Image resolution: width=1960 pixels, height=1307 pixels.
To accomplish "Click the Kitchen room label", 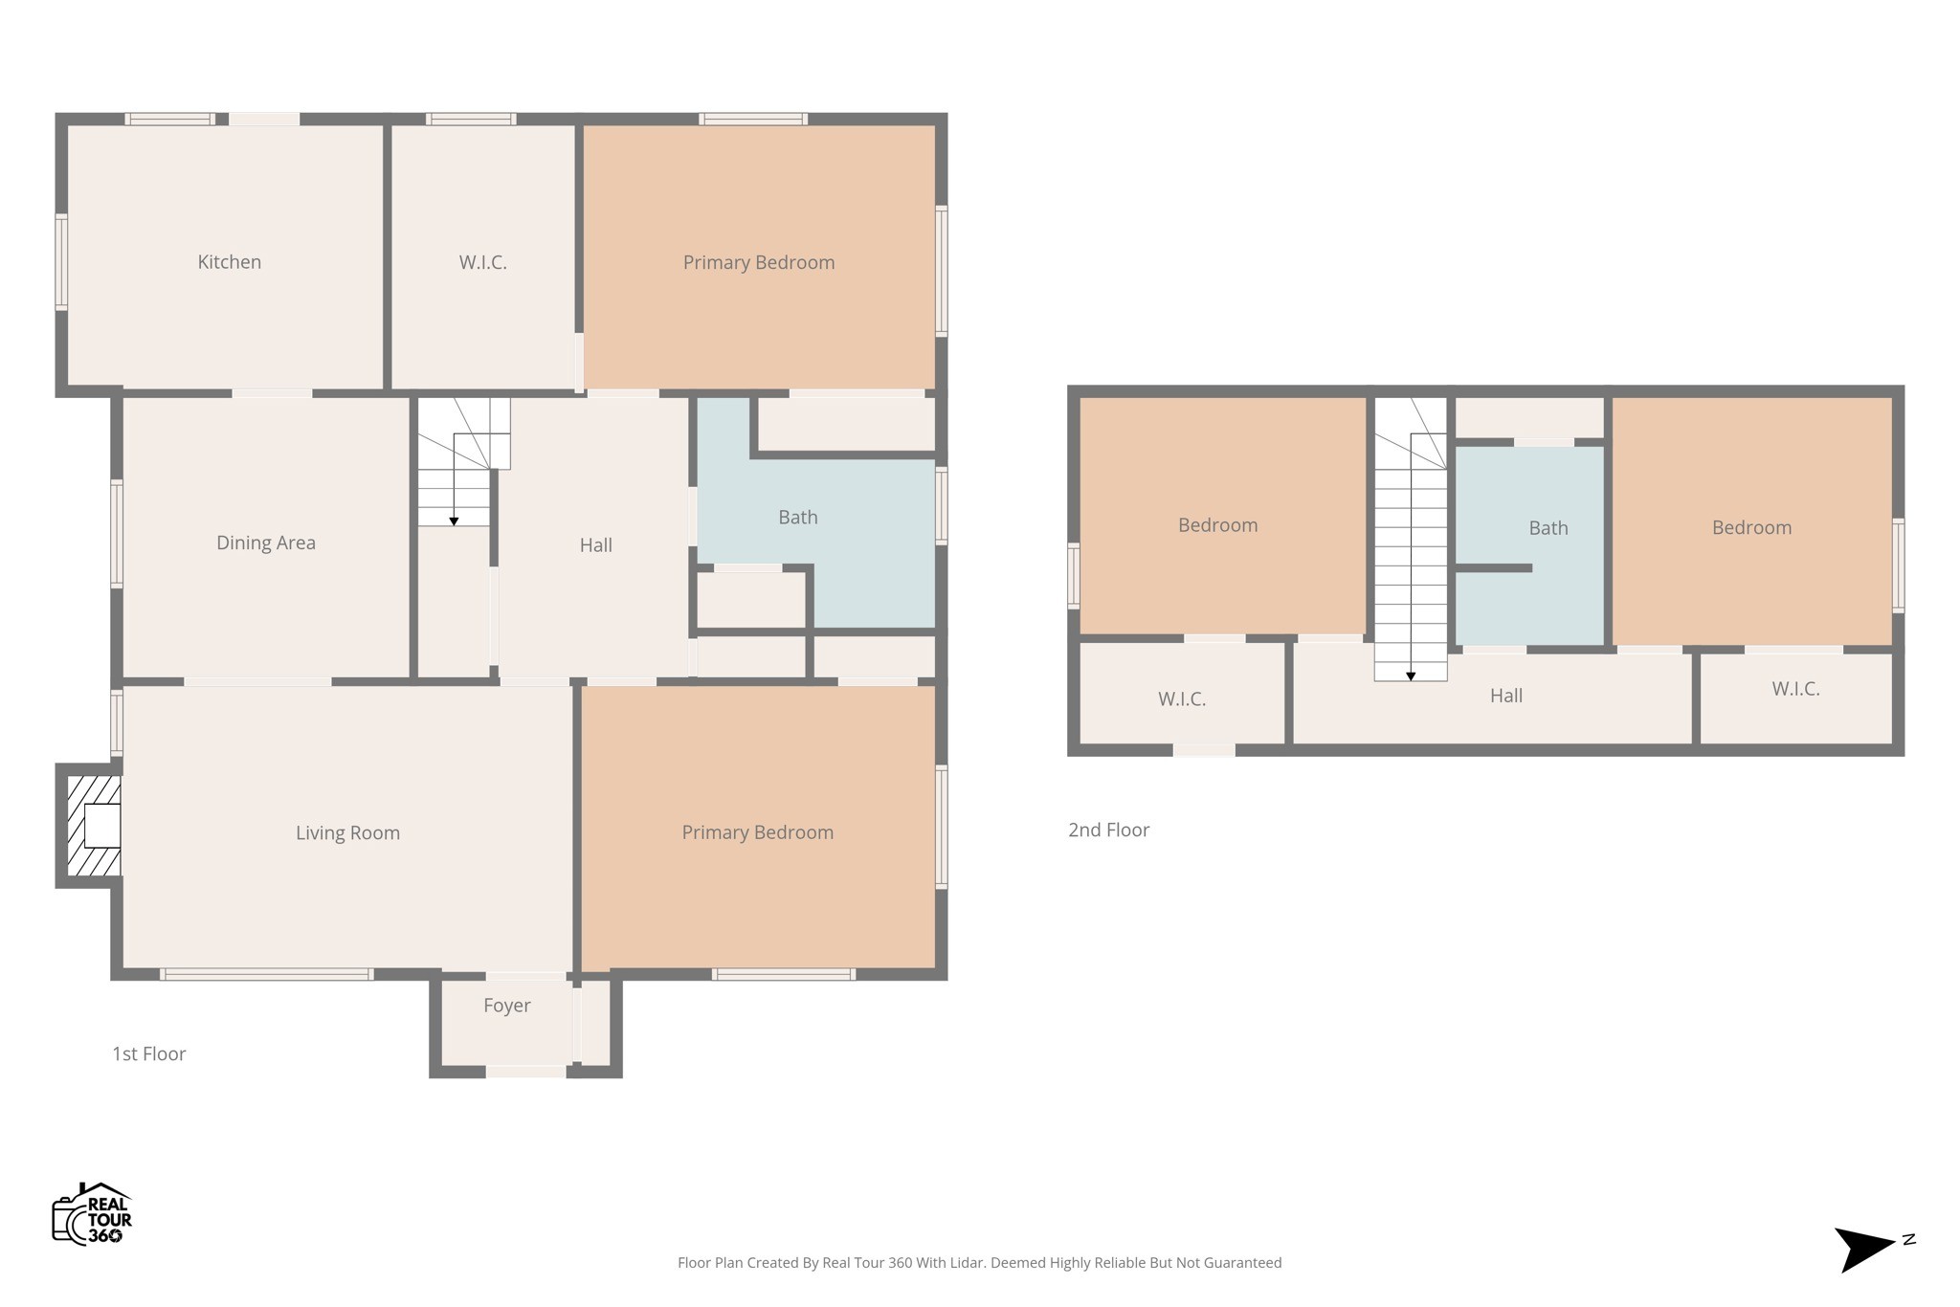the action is [229, 262].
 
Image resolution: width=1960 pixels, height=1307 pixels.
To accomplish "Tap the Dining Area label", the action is [266, 543].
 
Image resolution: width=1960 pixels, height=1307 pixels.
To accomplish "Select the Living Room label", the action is [347, 833].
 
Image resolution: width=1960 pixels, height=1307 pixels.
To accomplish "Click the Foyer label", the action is [506, 1006].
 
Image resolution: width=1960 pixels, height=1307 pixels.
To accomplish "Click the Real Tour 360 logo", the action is [92, 1214].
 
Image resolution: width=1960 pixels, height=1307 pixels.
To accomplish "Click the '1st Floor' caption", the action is [149, 1054].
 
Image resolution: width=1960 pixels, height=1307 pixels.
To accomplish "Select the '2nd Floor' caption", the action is [1108, 831].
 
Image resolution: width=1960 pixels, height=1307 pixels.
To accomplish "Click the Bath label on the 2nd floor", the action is [1548, 528].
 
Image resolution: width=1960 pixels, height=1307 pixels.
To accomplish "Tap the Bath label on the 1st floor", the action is [797, 518].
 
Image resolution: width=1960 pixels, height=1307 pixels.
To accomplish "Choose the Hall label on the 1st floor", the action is [595, 545].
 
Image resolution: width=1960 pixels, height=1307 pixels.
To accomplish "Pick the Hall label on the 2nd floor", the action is [1505, 697].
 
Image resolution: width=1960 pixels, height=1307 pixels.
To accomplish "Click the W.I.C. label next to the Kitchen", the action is [482, 262].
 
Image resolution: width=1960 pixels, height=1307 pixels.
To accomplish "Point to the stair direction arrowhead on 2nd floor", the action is [1411, 676].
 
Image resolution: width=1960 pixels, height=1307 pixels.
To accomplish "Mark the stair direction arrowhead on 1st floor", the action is [454, 521].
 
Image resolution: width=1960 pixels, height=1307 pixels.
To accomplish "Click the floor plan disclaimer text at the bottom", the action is [979, 1263].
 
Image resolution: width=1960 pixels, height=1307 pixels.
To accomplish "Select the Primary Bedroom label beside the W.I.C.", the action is [758, 263].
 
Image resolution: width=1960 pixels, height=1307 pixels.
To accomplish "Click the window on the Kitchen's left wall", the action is [61, 262].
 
